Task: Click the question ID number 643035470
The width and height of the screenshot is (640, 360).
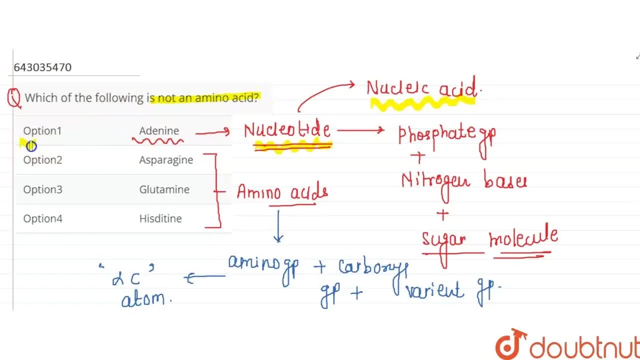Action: tap(42, 67)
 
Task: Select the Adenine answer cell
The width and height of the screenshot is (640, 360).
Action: tap(159, 131)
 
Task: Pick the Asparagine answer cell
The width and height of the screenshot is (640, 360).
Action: tap(166, 160)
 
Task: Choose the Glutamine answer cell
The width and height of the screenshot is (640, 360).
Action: tap(164, 189)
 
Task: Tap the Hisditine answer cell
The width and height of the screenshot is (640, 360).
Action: tap(160, 218)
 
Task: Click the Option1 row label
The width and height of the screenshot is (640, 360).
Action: tap(42, 131)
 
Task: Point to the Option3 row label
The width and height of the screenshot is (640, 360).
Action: tap(42, 189)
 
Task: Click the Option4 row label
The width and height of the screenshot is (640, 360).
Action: tap(42, 218)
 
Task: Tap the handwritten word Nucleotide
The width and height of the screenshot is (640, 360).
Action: tap(287, 130)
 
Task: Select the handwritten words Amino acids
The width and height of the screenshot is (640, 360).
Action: tap(282, 192)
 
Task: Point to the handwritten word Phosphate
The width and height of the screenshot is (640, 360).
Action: tap(436, 134)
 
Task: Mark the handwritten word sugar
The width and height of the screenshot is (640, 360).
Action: tap(444, 239)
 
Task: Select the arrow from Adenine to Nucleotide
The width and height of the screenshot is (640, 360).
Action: tap(212, 132)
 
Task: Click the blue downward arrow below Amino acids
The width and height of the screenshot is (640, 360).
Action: tap(278, 226)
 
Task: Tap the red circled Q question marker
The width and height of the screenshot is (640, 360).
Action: tap(14, 98)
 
